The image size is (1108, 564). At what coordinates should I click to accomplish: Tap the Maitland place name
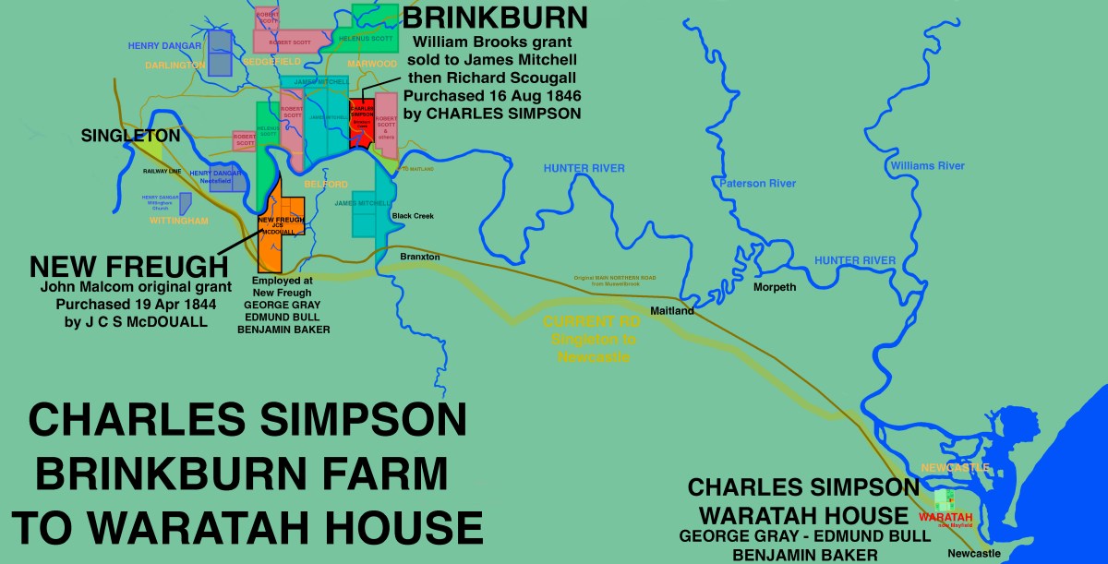(x=672, y=311)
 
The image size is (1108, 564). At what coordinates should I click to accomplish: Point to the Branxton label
(x=420, y=257)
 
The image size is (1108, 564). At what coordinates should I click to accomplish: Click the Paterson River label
(x=757, y=184)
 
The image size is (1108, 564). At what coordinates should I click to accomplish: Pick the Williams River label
(x=927, y=166)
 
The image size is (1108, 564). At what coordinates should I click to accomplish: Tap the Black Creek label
(x=412, y=216)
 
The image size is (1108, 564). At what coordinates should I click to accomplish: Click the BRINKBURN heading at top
(x=495, y=18)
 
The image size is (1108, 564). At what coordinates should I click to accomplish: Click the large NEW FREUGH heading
(x=128, y=268)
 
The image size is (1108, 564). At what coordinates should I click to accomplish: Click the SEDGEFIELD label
(x=272, y=60)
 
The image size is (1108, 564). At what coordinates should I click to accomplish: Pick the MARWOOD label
(x=372, y=64)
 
